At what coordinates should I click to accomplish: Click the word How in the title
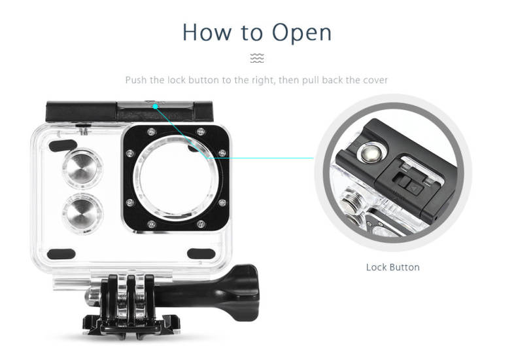point(207,32)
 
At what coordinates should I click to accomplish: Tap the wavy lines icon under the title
point(257,58)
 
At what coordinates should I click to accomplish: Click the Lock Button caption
point(393,267)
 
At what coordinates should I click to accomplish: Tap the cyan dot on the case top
point(156,106)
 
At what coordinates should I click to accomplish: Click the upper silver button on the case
point(82,169)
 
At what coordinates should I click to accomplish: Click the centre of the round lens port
point(176,177)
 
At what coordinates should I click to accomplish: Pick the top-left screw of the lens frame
point(151,132)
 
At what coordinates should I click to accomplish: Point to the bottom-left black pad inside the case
point(61,254)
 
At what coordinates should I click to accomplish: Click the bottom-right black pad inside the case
point(201,253)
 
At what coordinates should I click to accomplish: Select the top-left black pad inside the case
point(63,145)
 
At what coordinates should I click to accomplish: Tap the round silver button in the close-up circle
point(370,153)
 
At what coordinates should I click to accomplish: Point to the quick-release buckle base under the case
point(132,324)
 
